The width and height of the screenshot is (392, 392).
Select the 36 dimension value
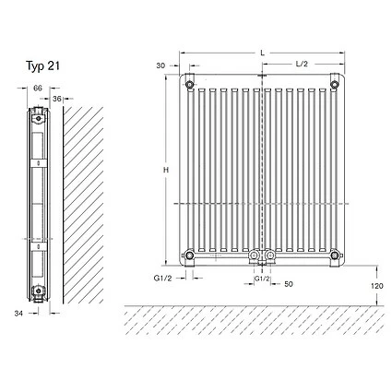pyautogui.click(x=57, y=98)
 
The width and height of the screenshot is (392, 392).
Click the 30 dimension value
pyautogui.click(x=161, y=65)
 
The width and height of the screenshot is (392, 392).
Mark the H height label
pyautogui.click(x=166, y=172)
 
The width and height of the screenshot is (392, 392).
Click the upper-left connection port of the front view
pyautogui.click(x=189, y=86)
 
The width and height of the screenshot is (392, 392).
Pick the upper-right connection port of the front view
pyautogui.click(x=336, y=86)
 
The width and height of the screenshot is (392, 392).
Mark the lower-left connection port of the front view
pyautogui.click(x=189, y=255)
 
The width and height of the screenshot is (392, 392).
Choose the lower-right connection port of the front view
pyautogui.click(x=336, y=255)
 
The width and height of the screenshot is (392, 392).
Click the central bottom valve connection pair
pyautogui.click(x=262, y=255)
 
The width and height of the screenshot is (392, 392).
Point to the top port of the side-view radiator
pyautogui.click(x=38, y=116)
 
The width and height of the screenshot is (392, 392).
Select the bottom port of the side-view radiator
pyautogui.click(x=38, y=293)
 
